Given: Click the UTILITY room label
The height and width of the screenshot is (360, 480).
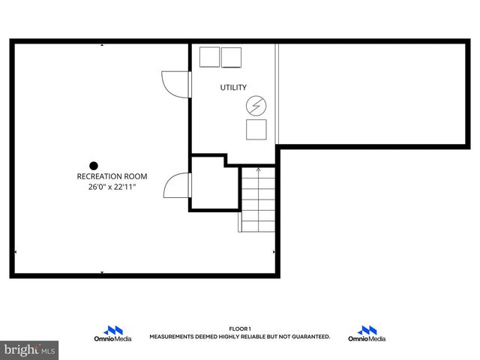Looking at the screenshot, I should [232, 88].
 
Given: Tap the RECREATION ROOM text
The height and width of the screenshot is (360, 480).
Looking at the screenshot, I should [112, 176].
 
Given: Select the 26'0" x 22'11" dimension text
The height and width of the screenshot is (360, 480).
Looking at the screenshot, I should [112, 187].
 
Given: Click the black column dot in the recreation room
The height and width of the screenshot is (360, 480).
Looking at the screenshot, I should [94, 166].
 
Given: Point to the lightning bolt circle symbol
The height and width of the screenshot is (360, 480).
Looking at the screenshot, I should [256, 106].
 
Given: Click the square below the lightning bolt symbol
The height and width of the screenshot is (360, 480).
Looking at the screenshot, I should [256, 130].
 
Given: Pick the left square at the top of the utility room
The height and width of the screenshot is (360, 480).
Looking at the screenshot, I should [208, 56].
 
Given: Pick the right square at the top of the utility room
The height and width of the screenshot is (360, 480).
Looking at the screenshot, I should [232, 56].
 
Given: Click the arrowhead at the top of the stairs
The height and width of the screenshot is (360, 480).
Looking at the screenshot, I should [258, 170].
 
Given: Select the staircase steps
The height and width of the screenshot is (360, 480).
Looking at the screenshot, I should [257, 199].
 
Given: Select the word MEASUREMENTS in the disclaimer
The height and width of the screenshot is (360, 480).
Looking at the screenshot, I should [172, 337].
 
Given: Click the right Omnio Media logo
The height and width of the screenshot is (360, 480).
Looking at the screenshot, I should [367, 334].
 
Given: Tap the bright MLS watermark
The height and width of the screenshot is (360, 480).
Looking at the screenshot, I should [29, 349].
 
